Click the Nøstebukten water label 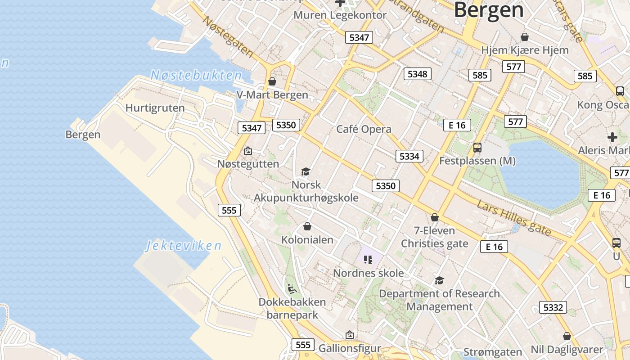tap(196, 75)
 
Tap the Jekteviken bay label tap(184, 246)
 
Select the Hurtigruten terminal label tap(155, 108)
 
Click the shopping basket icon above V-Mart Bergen tap(272, 81)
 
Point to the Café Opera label tap(364, 129)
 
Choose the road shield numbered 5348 tap(417, 74)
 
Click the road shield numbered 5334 tap(409, 156)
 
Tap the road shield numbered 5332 tap(553, 307)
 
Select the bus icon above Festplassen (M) tap(477, 147)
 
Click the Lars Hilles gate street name tap(514, 218)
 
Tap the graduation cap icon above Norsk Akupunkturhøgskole tap(306, 171)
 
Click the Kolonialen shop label tap(307, 239)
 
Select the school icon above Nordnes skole tap(368, 260)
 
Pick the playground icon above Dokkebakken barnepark tap(292, 288)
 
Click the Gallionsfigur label tap(350, 348)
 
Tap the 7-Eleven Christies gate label tap(434, 237)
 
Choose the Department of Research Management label tap(439, 300)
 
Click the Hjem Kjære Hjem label tap(525, 50)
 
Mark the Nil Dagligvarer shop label tap(567, 350)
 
